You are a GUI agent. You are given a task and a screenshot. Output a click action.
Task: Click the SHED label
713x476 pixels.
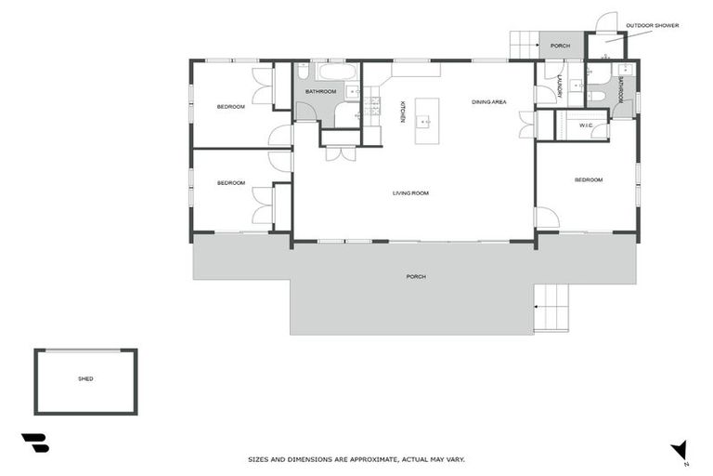click(x=85, y=378)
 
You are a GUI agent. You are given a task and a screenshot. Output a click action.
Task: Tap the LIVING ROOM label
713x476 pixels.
click(x=410, y=193)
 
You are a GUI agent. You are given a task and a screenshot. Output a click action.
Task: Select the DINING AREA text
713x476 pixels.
click(x=489, y=102)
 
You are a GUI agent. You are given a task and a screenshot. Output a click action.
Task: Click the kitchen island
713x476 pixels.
click(x=427, y=121)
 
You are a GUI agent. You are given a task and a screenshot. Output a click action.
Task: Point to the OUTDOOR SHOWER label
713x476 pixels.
click(x=652, y=25)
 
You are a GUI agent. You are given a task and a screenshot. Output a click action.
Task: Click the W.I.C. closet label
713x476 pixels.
click(x=586, y=126)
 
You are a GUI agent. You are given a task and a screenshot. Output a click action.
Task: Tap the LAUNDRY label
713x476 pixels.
click(x=560, y=86)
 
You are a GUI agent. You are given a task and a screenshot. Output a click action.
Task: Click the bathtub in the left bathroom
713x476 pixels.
click(x=337, y=72)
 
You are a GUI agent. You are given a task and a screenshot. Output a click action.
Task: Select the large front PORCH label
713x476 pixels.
click(x=416, y=276)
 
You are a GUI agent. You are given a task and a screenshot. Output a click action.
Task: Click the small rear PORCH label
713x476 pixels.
click(x=560, y=46)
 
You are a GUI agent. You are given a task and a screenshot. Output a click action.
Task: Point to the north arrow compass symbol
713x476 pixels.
click(x=680, y=451)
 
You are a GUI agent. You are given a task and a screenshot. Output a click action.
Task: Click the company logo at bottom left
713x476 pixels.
click(x=35, y=443)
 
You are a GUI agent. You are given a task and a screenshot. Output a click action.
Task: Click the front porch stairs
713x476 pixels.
click(x=551, y=308)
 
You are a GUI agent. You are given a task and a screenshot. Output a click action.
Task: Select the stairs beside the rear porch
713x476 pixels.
click(x=525, y=45)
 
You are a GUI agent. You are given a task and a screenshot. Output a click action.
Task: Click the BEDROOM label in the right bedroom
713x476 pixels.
click(x=589, y=180)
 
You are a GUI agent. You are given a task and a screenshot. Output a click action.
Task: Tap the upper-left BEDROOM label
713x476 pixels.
click(x=231, y=107)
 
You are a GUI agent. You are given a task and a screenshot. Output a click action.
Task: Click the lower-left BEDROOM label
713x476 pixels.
click(x=231, y=183)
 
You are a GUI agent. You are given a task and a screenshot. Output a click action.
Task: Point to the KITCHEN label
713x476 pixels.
click(x=402, y=112)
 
